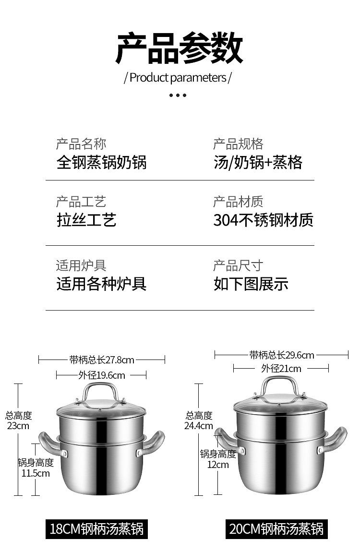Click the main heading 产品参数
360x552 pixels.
(x=180, y=48)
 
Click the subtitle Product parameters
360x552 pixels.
(x=178, y=77)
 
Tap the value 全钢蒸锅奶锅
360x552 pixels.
(x=101, y=162)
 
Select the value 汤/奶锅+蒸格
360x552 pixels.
(x=258, y=162)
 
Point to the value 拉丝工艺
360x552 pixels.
(x=86, y=220)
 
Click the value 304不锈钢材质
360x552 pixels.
(x=263, y=220)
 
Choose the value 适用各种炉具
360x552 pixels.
(x=101, y=284)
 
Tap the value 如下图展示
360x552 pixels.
(x=251, y=284)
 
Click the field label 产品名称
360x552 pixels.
(x=81, y=144)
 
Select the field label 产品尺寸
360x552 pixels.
(x=238, y=265)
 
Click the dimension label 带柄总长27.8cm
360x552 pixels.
(x=102, y=360)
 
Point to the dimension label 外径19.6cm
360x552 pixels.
(x=102, y=375)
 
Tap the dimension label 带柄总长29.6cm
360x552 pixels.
(x=282, y=355)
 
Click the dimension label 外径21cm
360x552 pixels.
(x=281, y=369)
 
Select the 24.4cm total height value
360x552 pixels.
(x=198, y=426)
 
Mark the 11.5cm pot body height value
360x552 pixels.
(x=36, y=473)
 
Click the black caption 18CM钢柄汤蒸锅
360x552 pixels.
(x=96, y=529)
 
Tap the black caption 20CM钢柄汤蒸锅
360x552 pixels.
(x=276, y=529)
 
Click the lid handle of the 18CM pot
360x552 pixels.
(x=101, y=392)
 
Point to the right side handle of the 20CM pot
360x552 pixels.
(x=334, y=440)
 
